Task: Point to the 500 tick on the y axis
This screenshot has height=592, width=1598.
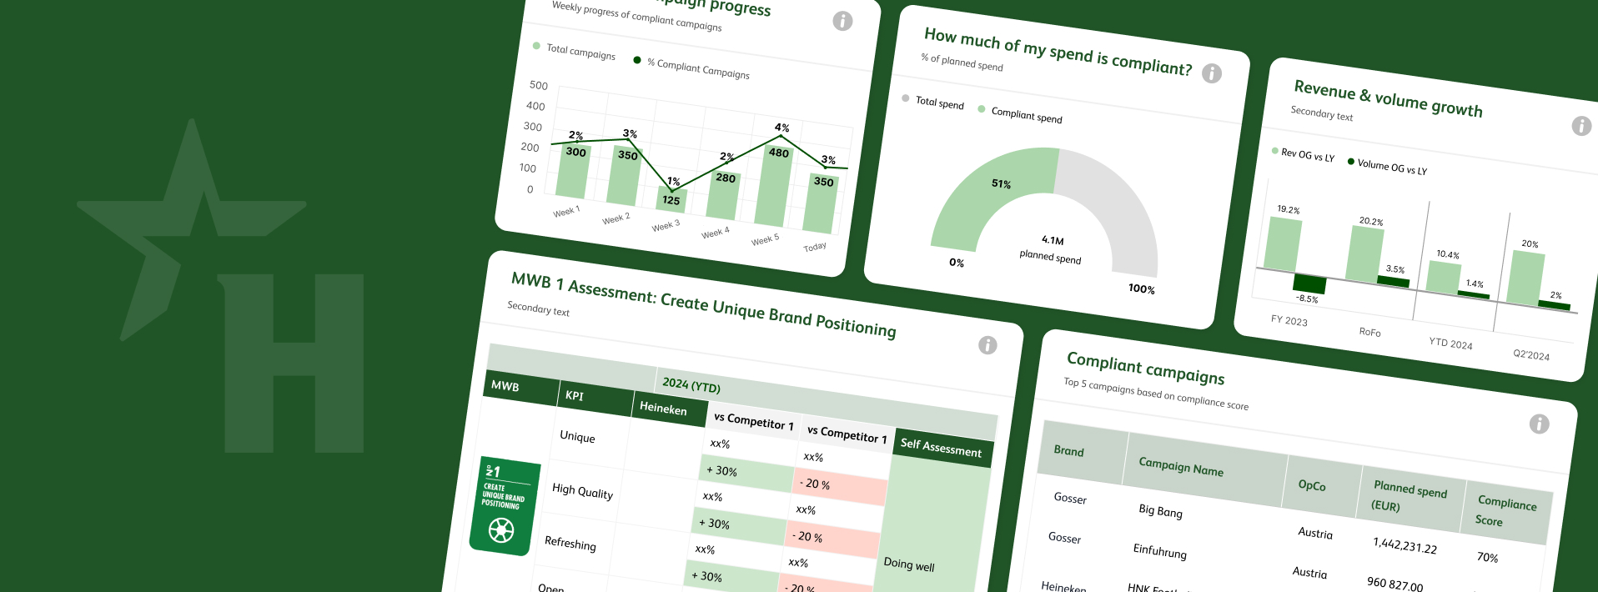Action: [539, 85]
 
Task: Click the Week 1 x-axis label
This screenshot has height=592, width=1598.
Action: [566, 212]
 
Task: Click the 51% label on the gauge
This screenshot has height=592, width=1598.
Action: [1001, 183]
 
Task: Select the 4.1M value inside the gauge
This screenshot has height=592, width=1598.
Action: [1053, 240]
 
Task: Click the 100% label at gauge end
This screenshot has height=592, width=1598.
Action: [1141, 288]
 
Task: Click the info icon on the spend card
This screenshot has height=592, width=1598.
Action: [1212, 73]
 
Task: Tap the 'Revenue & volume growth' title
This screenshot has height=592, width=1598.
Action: [1388, 99]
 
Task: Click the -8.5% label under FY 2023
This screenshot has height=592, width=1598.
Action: [1307, 299]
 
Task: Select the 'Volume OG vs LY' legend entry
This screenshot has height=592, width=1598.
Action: [1391, 167]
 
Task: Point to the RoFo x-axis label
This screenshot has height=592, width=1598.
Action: [1369, 332]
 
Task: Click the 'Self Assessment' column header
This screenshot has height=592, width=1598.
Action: [941, 448]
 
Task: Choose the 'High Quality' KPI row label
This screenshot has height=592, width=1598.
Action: [582, 492]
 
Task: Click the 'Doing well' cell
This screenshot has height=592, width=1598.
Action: [908, 564]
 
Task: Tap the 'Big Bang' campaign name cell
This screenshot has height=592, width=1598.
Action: [1160, 510]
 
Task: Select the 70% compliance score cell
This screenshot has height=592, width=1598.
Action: [1487, 557]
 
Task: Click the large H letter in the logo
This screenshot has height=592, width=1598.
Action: [292, 364]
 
